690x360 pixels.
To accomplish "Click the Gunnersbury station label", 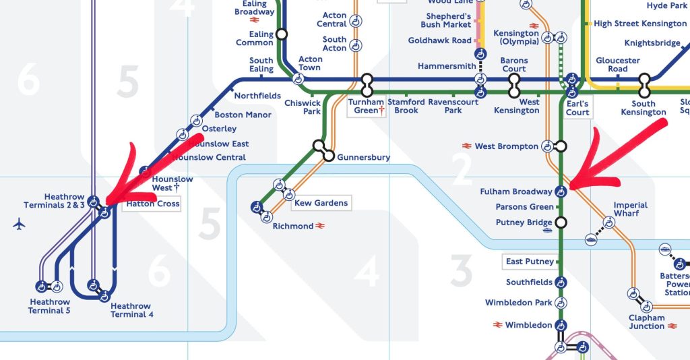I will (x=363, y=158).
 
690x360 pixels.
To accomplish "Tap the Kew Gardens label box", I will (x=321, y=203).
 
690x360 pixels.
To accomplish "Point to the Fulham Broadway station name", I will (x=516, y=192).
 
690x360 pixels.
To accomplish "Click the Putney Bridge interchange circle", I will (x=560, y=222).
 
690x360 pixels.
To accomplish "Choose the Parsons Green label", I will (x=524, y=207).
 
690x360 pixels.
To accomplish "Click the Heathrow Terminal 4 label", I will (x=132, y=310).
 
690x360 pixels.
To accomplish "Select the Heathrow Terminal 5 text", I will (x=49, y=306).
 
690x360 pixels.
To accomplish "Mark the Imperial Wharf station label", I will (x=630, y=209).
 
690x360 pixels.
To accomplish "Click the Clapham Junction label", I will (x=646, y=322).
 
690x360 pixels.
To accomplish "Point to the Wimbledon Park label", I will (x=518, y=303).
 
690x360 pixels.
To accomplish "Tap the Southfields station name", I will (x=529, y=282).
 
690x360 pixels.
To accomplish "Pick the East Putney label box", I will (x=529, y=262).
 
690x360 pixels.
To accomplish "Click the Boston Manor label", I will (x=243, y=115).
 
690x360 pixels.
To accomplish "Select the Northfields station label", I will (x=257, y=96).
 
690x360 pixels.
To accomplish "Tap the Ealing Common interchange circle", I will (x=282, y=34).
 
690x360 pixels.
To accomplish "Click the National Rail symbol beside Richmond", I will (x=321, y=227).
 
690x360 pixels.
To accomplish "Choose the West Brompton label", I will (x=507, y=146).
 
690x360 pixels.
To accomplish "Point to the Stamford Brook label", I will (x=406, y=106).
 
